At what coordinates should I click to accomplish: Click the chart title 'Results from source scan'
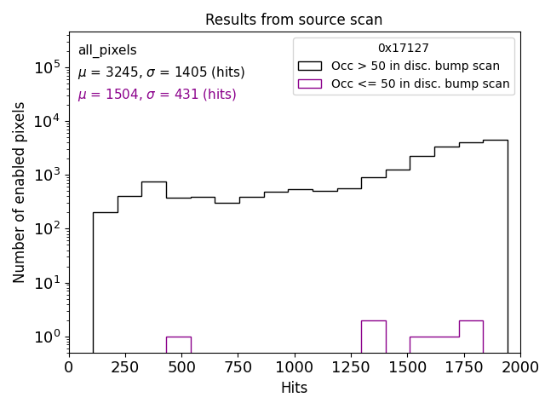[294, 20]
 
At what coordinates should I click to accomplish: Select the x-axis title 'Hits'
[294, 388]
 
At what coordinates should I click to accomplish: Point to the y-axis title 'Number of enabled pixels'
[20, 192]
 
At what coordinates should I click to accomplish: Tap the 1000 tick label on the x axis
[294, 367]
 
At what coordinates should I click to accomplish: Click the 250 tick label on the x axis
[125, 367]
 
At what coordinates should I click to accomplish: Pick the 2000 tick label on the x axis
[519, 367]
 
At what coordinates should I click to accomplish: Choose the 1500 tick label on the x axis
[407, 367]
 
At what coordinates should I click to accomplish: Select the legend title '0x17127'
[404, 49]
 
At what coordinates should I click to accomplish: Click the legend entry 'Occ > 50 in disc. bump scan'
[415, 66]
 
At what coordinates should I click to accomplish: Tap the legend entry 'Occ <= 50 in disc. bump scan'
[420, 84]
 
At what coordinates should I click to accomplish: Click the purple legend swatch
[310, 84]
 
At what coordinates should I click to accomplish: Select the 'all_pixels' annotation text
[107, 50]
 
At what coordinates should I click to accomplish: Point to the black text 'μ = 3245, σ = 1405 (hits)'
[161, 72]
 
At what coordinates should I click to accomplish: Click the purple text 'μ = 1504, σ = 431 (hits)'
[157, 95]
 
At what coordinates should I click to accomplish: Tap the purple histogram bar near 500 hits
[178, 344]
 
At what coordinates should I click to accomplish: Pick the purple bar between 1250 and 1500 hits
[373, 336]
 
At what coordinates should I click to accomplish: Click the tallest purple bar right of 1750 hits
[471, 336]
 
